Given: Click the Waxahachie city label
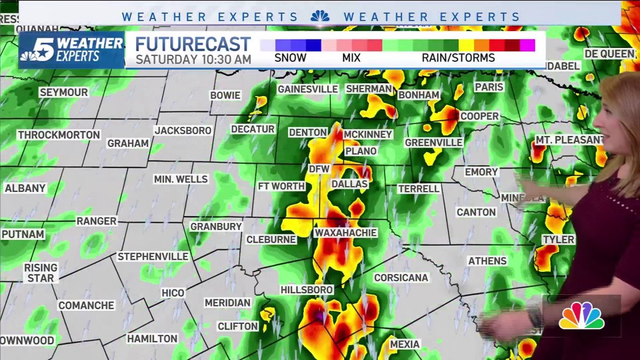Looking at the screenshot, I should [345, 233].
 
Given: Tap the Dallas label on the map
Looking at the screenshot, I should [349, 184].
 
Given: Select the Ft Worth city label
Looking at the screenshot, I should [281, 186].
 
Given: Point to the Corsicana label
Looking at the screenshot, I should [401, 278].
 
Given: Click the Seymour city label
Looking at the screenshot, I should [63, 93].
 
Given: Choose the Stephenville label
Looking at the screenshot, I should [153, 257].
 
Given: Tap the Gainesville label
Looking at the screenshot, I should [308, 89].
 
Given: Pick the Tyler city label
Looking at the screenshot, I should [558, 240].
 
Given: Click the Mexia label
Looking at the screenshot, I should [405, 345].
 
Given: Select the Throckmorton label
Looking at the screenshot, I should [59, 135].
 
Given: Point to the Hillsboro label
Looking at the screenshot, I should [307, 290].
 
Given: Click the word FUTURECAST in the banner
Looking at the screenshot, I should [193, 44].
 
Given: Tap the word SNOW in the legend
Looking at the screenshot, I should [290, 58].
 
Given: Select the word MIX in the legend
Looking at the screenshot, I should [351, 58].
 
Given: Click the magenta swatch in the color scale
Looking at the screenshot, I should [527, 45].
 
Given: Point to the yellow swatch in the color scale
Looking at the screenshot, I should [466, 45].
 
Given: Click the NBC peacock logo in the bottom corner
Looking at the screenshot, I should [581, 316].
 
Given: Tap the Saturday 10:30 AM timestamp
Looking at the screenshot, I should [193, 59].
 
